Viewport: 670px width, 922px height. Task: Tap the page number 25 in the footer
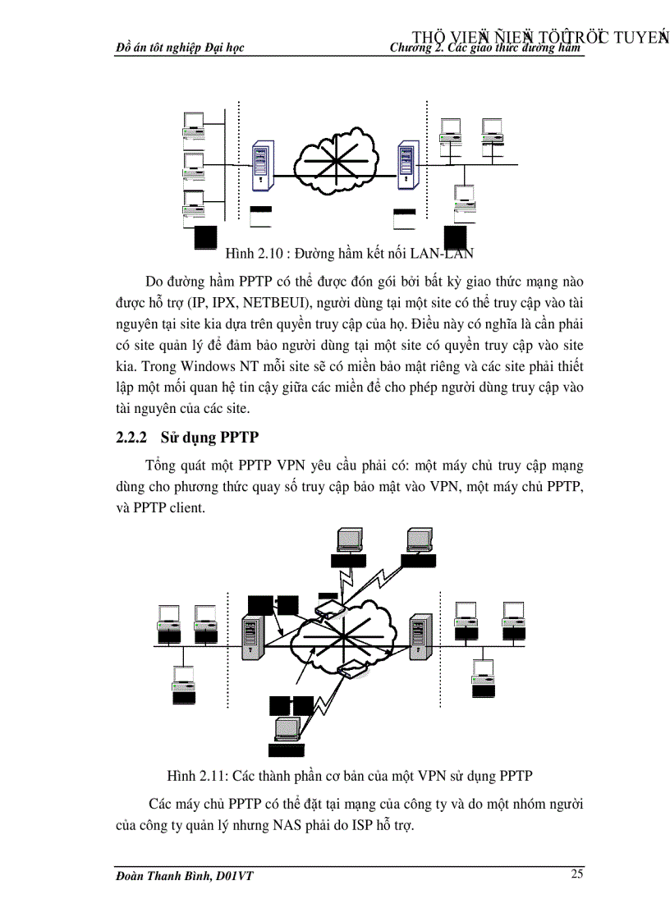coord(577,874)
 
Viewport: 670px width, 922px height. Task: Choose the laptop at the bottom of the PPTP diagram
coord(287,729)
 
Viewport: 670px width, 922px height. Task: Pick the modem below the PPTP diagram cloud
coord(354,670)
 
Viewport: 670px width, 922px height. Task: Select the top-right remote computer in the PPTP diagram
coord(418,542)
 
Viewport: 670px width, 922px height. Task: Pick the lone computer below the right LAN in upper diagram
coord(464,202)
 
